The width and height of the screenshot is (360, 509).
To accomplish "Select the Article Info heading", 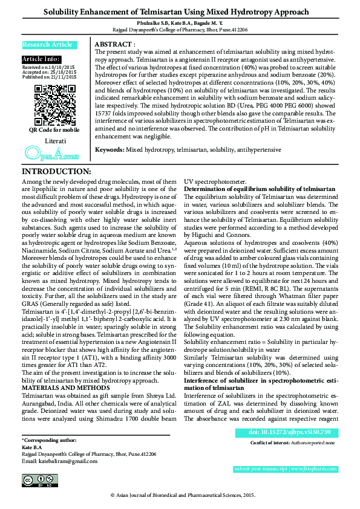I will click(x=41, y=59).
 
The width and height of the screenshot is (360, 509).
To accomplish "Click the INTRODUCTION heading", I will click(x=56, y=172).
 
